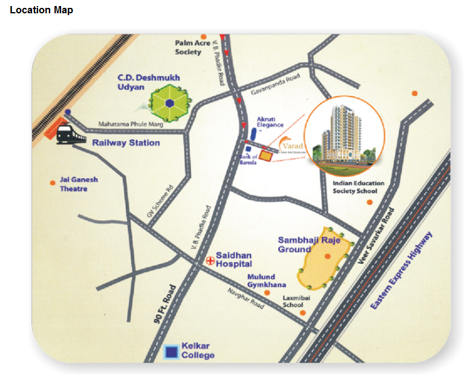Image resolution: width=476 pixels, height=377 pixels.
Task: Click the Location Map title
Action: click(41, 10)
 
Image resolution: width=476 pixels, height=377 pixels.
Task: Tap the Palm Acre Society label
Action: click(192, 47)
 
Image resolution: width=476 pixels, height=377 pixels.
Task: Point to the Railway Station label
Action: click(126, 143)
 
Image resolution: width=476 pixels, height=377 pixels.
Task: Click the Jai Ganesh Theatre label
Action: click(79, 184)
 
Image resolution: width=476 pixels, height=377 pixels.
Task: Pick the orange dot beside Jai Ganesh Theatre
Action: click(53, 182)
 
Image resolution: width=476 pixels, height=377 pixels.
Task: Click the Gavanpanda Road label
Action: click(276, 87)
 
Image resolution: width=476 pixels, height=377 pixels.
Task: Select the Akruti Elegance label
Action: click(270, 122)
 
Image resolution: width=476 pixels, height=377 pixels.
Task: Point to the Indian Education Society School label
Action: click(354, 186)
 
